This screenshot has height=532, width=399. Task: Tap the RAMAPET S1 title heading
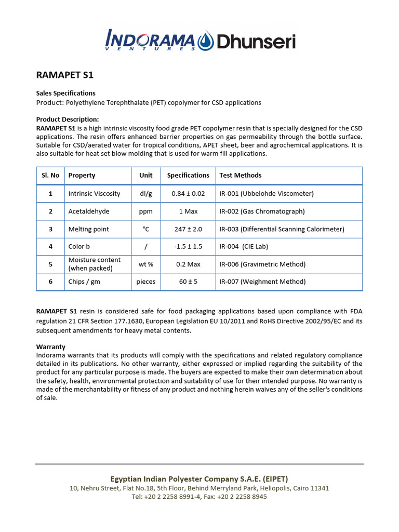point(64,75)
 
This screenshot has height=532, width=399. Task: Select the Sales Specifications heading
point(65,93)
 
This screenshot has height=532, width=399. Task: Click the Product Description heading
point(67,119)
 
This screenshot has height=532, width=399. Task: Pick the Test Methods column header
point(240,176)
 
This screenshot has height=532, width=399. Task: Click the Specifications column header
point(188,176)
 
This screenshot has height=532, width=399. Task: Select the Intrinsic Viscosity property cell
point(94,194)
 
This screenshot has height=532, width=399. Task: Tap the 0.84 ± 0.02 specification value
point(188,194)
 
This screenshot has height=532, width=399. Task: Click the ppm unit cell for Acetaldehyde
point(146,211)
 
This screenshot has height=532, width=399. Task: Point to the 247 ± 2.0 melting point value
point(188,229)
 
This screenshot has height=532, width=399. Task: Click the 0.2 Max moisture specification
point(188,264)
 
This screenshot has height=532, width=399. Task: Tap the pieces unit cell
point(146,282)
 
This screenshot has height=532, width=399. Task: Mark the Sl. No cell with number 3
point(51,229)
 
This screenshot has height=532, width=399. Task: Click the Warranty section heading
point(50,347)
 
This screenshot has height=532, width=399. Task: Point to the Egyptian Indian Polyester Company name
point(199,478)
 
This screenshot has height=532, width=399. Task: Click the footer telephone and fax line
point(199,497)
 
